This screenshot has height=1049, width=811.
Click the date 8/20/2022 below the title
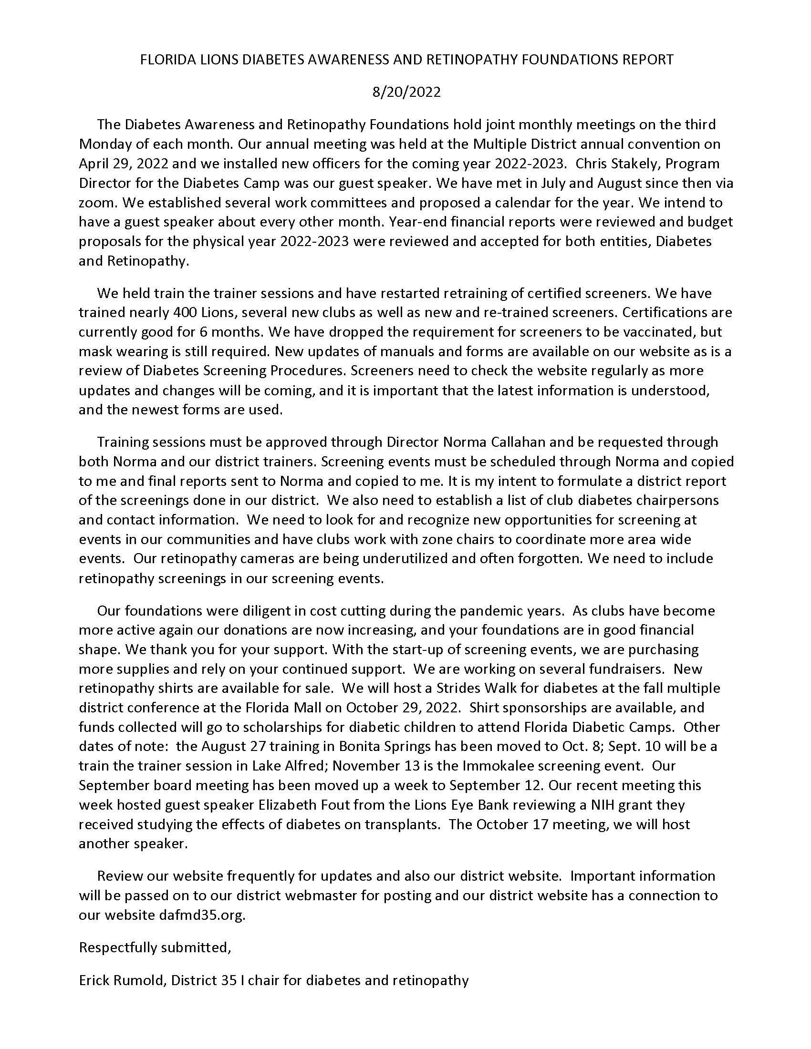point(406,92)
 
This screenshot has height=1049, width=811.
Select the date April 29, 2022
point(124,163)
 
